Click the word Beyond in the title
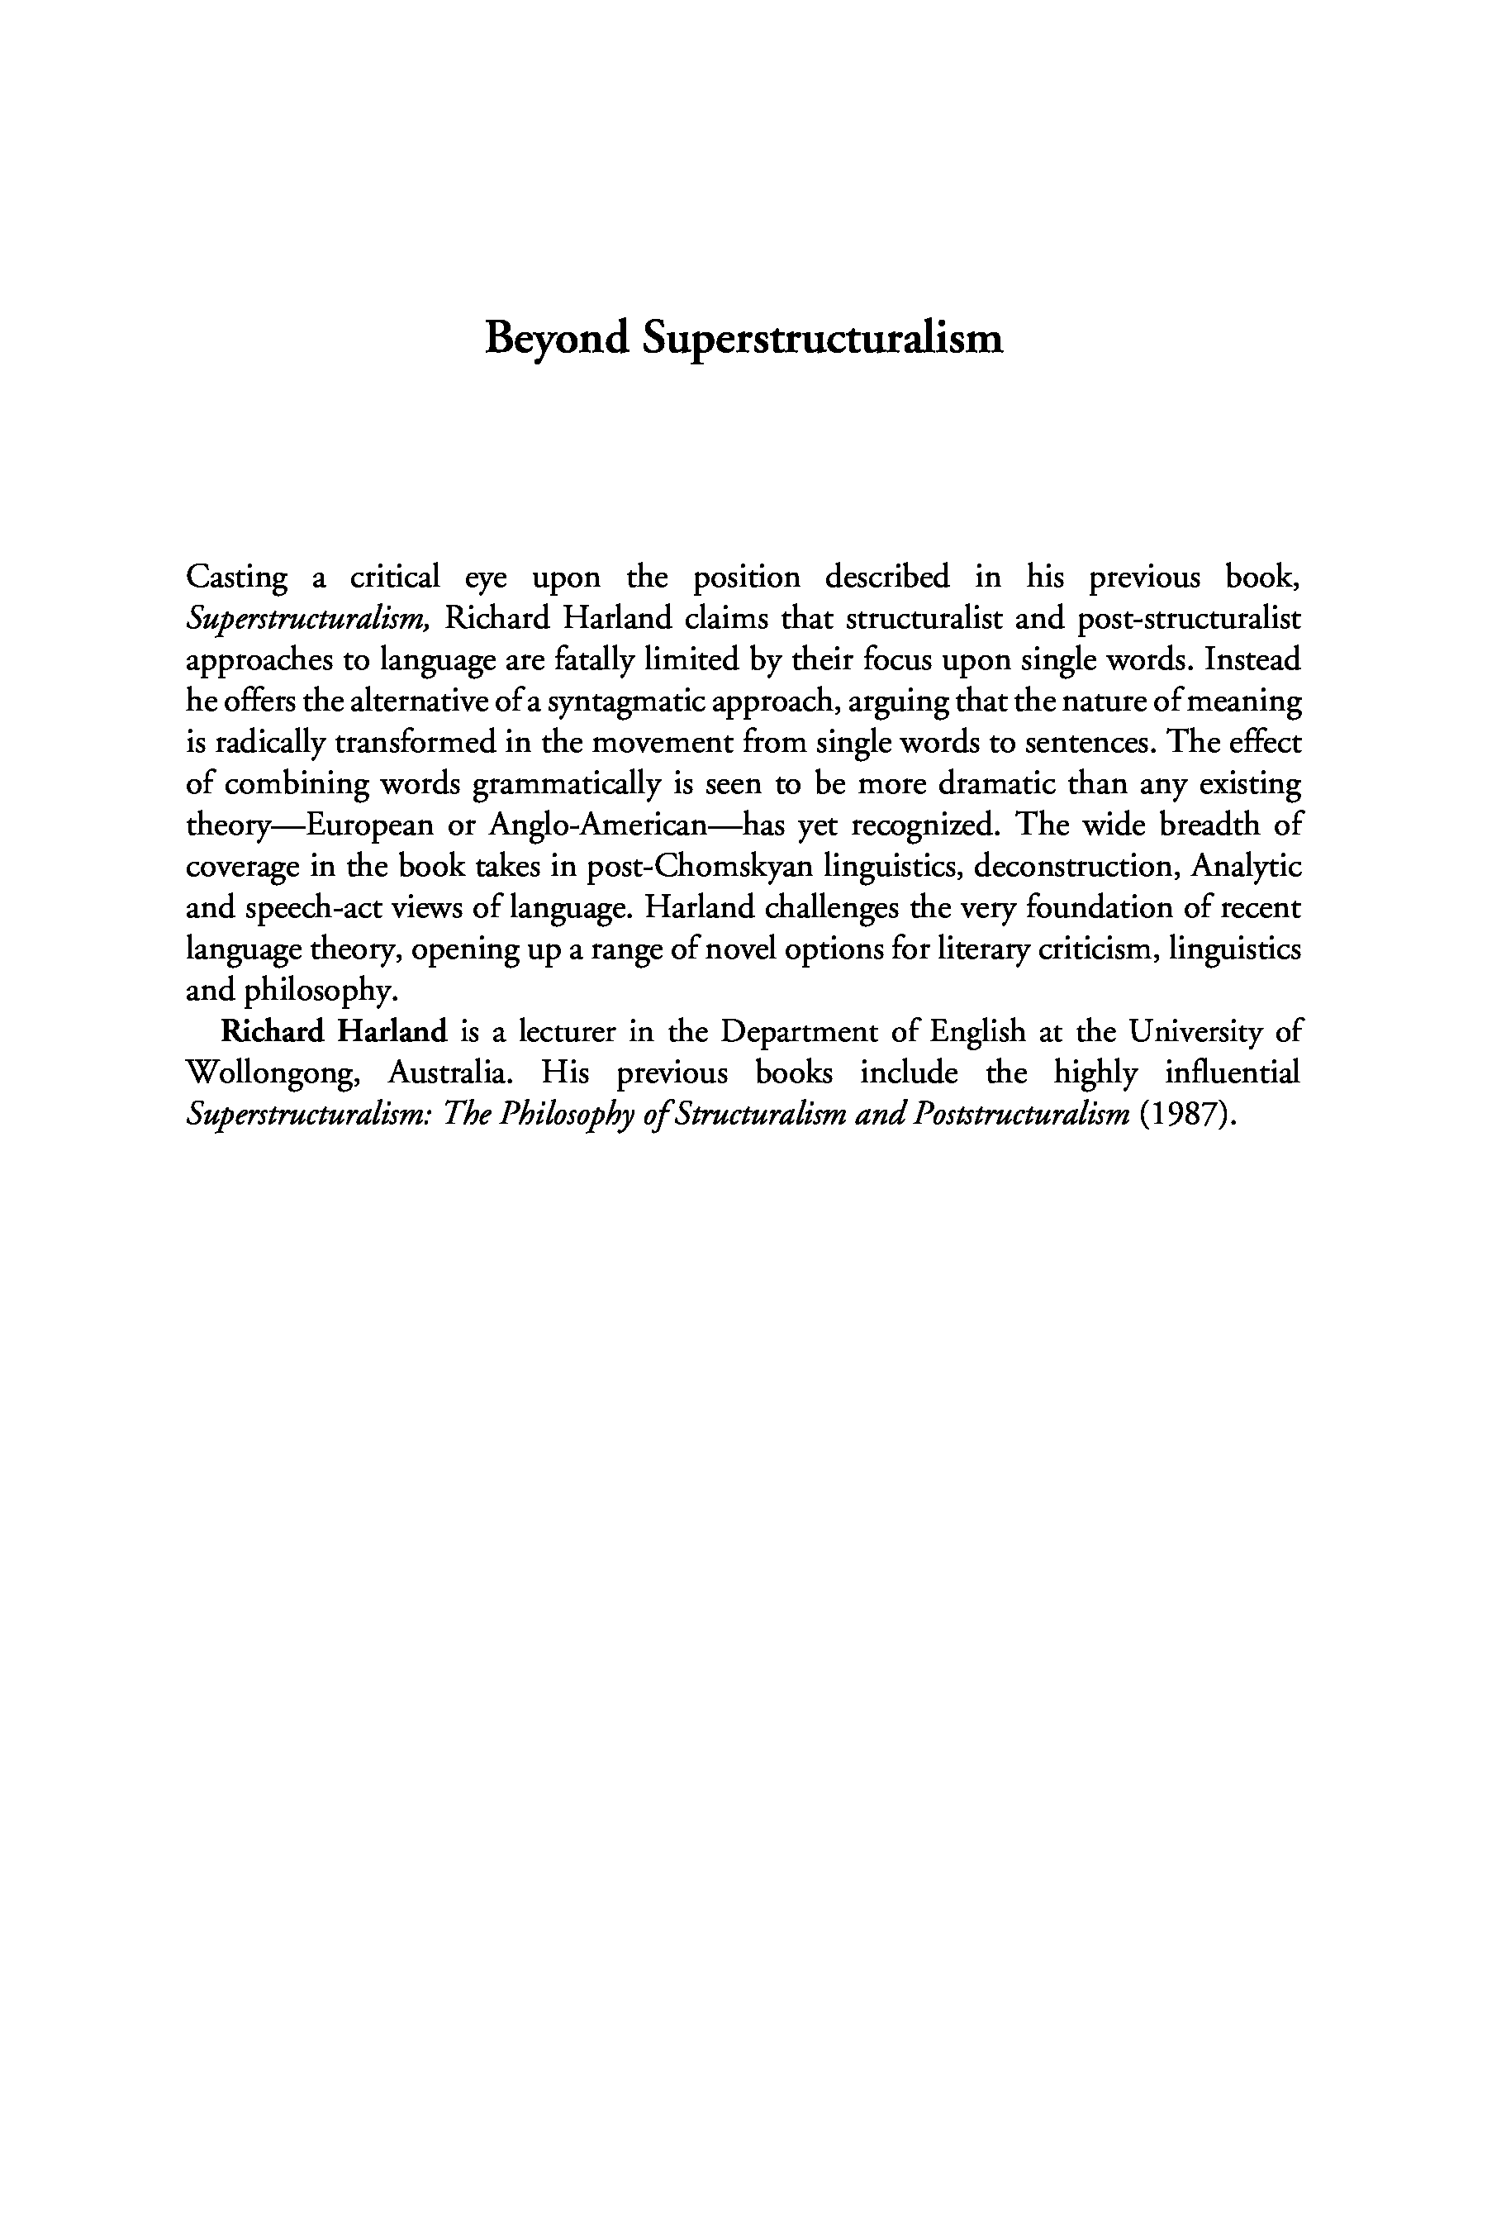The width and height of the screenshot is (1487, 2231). pos(556,339)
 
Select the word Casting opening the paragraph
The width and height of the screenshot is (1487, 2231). pos(236,578)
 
